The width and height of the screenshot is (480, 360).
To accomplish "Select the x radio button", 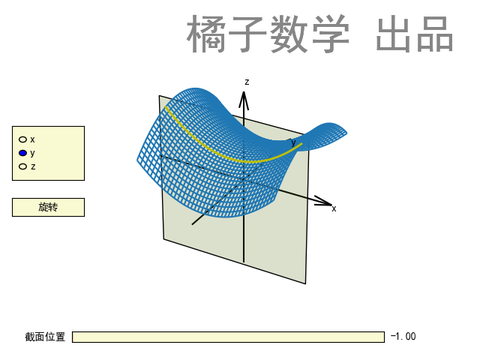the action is [x=23, y=139].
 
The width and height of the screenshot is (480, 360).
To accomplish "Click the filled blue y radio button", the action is [x=23, y=152].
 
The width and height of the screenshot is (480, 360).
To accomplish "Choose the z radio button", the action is [x=23, y=166].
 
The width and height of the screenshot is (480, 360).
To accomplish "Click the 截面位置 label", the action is [x=45, y=337].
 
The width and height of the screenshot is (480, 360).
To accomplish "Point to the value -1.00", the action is [x=403, y=337].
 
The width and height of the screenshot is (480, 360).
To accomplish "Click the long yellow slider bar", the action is [x=228, y=337].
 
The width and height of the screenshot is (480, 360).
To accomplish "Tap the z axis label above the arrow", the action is [x=246, y=81].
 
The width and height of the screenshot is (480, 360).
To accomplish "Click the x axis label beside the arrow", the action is [x=334, y=208].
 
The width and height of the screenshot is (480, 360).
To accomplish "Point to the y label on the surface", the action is [x=293, y=142].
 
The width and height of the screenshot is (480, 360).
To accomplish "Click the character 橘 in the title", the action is [x=205, y=35].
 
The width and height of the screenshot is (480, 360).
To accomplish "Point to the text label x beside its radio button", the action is [x=33, y=139].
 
